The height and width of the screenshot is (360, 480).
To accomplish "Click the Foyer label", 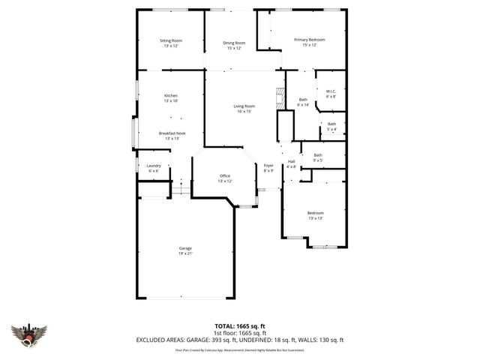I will (268, 167).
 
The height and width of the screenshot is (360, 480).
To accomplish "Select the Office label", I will (225, 178).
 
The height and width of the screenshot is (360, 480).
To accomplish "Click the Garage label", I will (185, 250).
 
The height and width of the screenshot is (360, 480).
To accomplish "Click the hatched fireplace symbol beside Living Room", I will (280, 97).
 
